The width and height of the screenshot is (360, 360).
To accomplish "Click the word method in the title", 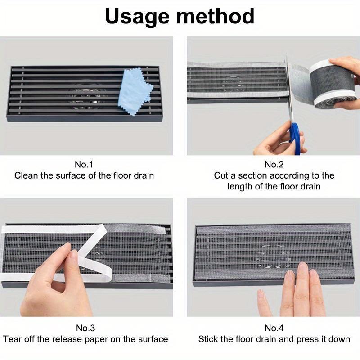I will tap(216, 17).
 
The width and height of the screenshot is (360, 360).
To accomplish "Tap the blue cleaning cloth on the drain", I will tap(135, 92).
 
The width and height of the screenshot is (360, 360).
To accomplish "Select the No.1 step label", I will tap(84, 164).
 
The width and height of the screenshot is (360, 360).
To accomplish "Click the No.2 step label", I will tap(274, 164).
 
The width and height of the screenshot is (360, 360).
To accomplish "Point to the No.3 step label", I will tap(84, 328).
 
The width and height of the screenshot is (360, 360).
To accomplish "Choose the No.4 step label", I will tap(274, 328).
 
